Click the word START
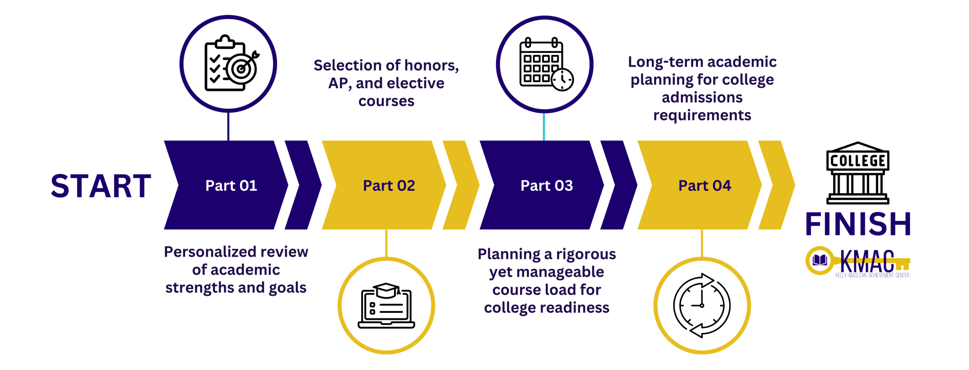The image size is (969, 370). (101, 186)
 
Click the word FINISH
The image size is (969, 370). (858, 224)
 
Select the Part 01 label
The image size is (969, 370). (231, 186)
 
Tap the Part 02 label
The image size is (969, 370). (389, 186)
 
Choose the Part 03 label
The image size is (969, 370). (547, 186)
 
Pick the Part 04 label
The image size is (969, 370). (704, 186)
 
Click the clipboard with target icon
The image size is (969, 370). (229, 64)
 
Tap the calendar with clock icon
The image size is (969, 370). (545, 64)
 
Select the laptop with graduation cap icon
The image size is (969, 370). (386, 306)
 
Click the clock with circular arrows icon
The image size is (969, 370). (702, 306)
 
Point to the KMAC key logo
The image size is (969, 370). (858, 262)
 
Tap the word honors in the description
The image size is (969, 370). (431, 66)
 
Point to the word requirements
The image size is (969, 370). (702, 115)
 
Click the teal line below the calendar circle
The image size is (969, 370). (544, 127)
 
